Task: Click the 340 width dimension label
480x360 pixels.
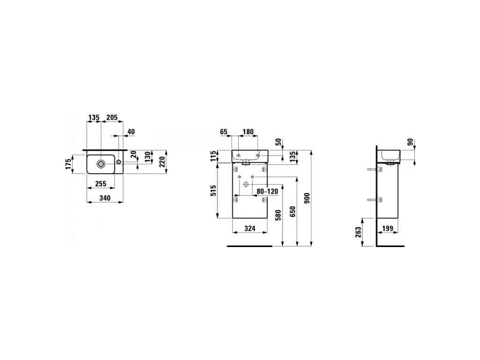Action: (105, 198)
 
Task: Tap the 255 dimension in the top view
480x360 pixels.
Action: (100, 183)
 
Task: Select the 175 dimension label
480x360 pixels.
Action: (68, 163)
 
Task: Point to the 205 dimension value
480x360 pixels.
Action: (112, 117)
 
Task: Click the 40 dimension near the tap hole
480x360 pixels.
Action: (131, 132)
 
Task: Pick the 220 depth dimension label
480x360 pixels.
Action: (162, 161)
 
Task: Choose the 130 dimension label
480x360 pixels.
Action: (148, 157)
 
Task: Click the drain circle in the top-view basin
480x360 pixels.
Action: (101, 164)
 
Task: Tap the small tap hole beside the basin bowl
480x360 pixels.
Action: (119, 162)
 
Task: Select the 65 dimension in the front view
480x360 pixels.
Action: (224, 132)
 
